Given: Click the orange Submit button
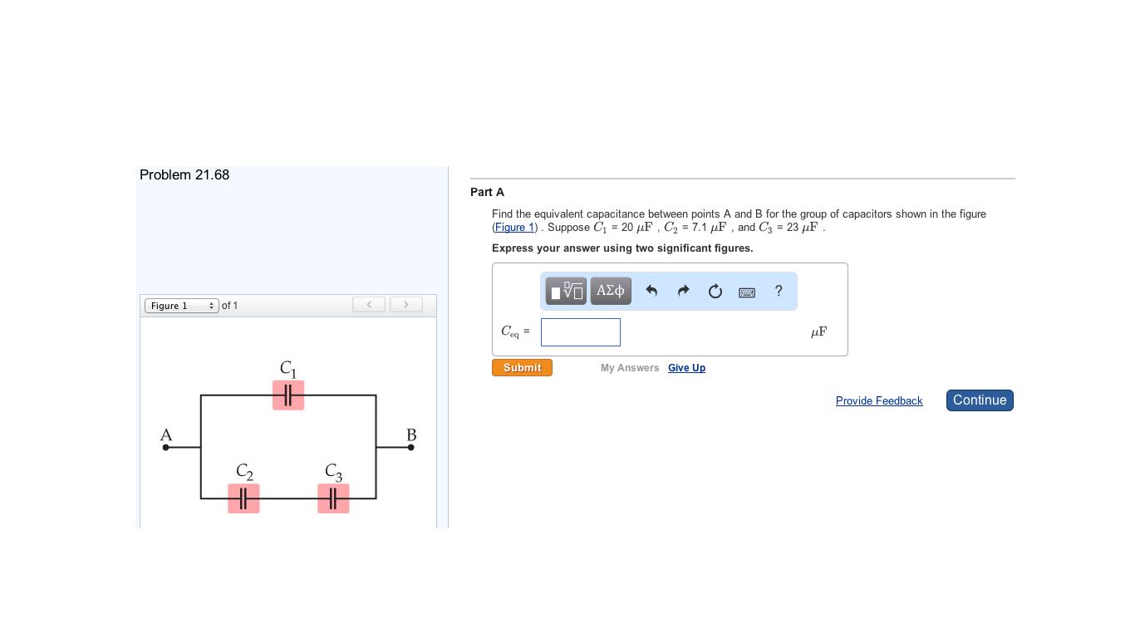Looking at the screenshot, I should point(522,368).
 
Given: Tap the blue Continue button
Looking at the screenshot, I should point(980,400).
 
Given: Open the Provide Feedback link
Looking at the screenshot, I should point(879,401).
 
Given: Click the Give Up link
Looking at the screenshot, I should point(686,368).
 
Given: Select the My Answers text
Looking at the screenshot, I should point(630,368).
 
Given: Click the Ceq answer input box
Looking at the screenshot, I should point(580,332).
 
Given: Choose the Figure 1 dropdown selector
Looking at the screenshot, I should point(182,306).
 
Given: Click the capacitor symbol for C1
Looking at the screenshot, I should point(288,395).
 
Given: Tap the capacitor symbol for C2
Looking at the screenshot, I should point(243,498).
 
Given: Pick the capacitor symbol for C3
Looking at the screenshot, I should point(333,498).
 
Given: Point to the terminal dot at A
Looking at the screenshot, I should point(166,447).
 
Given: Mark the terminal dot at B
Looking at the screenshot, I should point(410,447).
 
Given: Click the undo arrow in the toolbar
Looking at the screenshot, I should point(651,291).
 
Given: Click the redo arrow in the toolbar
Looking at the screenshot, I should point(683,291).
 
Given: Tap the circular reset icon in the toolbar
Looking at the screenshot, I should point(715,292).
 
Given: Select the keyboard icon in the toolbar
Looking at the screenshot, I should point(747,292).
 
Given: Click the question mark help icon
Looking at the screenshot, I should point(779,291).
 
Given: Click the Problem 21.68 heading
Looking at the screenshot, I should point(184,175).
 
